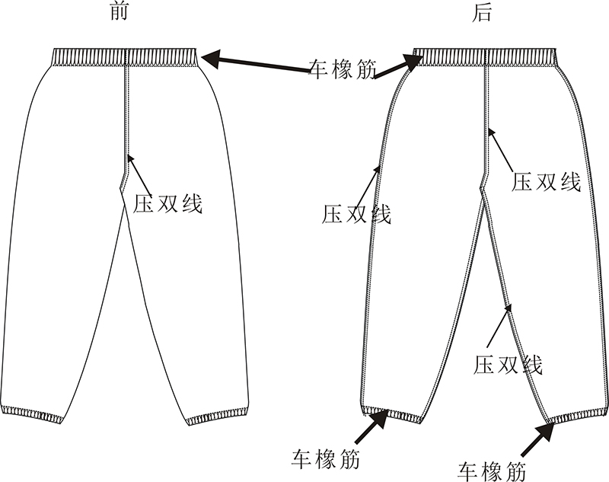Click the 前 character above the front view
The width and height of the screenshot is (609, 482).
point(119,13)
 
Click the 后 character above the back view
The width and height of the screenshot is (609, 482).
point(482,13)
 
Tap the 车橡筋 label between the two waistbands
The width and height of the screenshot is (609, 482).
point(343,69)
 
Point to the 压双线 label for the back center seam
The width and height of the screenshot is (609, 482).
point(546,182)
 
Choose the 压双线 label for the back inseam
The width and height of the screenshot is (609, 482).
point(508,364)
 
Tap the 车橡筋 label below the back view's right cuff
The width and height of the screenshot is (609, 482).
point(493,467)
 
